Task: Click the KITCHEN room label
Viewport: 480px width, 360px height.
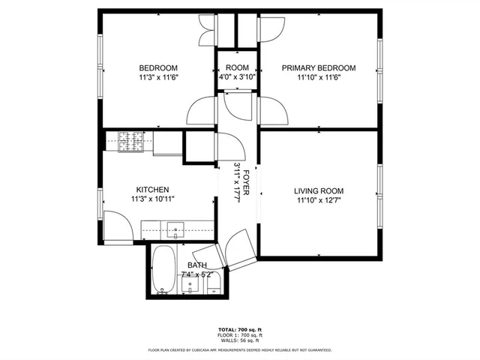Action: (x=151, y=190)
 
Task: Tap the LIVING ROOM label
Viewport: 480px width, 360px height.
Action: (x=318, y=190)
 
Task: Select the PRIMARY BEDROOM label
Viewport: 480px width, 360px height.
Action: (x=318, y=68)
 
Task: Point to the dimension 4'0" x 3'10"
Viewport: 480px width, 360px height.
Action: (x=237, y=76)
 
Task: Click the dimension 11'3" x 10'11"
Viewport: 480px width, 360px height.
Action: (x=151, y=199)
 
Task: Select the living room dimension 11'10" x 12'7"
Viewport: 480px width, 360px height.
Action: (x=318, y=200)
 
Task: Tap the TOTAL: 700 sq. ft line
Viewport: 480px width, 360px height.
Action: (x=239, y=330)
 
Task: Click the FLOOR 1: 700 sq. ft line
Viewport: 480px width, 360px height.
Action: (x=239, y=335)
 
